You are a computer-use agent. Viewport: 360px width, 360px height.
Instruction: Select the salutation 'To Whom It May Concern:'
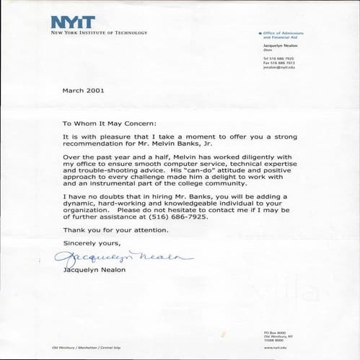click(109, 123)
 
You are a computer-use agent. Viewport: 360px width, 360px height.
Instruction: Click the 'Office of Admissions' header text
click(284, 33)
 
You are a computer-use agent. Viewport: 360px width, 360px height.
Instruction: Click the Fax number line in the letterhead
click(278, 63)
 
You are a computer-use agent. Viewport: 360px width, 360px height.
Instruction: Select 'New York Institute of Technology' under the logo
click(99, 32)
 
